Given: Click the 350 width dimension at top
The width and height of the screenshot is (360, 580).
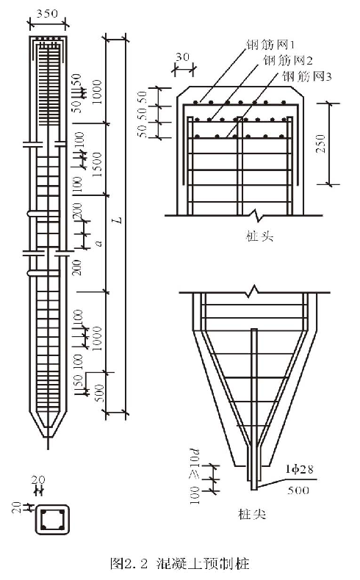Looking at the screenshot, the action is click(47, 14).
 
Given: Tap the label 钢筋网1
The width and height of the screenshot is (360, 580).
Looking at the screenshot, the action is click(270, 45).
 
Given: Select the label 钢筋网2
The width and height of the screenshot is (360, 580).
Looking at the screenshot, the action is click(288, 60).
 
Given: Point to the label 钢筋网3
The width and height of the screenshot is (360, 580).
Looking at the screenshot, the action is click(306, 76).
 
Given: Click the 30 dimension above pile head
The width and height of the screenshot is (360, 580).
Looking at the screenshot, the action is click(183, 57).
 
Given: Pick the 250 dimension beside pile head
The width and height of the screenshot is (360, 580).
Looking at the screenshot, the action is click(321, 143).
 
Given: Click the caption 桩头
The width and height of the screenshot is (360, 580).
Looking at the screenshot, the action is click(260, 236).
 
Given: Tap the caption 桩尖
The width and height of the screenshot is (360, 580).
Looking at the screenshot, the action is click(252, 514).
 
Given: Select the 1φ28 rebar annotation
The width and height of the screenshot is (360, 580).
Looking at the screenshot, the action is click(299, 469).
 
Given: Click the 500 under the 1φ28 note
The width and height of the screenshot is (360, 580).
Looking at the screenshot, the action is click(298, 490).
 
